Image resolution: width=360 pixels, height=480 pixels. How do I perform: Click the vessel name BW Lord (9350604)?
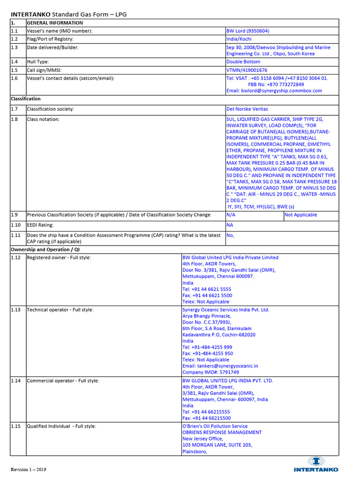point(247,31)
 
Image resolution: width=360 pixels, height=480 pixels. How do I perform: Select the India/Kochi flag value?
point(239,39)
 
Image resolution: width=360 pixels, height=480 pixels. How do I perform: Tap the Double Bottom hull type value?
point(243,61)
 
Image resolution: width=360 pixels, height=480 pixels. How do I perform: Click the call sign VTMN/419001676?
point(247,70)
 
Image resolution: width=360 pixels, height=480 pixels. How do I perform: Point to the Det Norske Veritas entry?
point(247,109)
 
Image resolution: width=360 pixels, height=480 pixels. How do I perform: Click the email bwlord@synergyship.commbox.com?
point(274,90)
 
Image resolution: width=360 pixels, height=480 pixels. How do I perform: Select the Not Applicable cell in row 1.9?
point(300,215)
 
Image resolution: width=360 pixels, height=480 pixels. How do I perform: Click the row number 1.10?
point(16,225)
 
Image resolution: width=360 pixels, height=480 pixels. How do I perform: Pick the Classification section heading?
point(25,99)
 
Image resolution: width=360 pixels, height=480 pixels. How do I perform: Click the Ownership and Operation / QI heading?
point(42,249)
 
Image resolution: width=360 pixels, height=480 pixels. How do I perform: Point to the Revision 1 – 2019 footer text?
point(29,469)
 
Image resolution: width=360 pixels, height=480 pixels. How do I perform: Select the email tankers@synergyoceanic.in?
point(220,366)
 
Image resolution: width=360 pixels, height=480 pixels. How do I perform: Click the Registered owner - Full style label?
point(59,257)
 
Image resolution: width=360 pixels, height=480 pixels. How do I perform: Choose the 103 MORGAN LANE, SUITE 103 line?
point(217,445)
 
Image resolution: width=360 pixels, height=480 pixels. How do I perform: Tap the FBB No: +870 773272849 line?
point(276,84)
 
